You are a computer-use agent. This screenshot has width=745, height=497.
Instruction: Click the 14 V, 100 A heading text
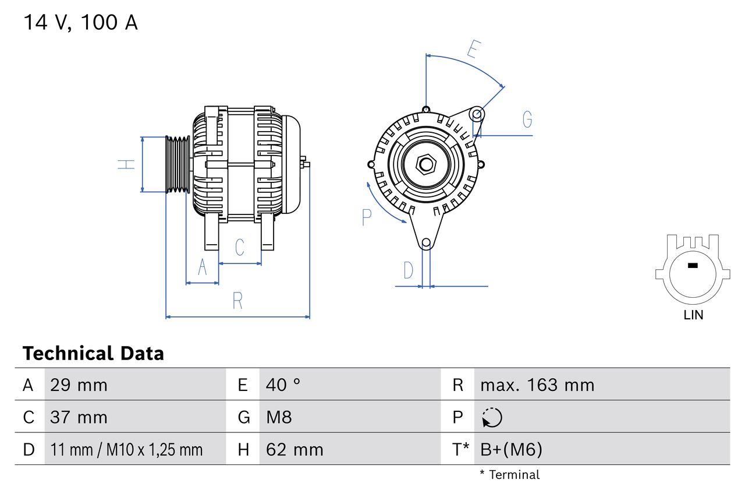[80, 23]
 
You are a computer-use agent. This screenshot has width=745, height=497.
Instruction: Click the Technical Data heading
[93, 353]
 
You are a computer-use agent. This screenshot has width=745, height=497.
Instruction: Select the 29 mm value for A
[79, 385]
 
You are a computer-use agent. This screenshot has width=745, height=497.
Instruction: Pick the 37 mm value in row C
[79, 417]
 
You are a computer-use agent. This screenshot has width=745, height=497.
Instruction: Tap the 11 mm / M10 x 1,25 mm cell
[126, 450]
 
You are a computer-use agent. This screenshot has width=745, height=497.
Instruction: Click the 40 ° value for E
[283, 385]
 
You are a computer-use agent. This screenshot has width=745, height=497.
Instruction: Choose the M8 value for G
[279, 417]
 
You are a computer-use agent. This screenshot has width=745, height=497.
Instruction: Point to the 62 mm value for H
[294, 450]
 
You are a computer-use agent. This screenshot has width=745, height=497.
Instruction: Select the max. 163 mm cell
[537, 385]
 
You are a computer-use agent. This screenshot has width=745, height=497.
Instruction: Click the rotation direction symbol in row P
[492, 418]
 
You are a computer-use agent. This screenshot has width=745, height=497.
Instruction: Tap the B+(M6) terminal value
[511, 450]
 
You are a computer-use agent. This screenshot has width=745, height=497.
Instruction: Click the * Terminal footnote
[509, 475]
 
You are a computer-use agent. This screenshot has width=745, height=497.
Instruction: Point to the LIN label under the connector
[693, 315]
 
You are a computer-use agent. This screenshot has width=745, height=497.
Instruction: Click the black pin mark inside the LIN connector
[692, 266]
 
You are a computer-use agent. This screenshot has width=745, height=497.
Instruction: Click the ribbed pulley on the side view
[178, 164]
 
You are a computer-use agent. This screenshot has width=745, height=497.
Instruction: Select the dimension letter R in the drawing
[237, 301]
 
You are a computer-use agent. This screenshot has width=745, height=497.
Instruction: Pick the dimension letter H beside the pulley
[126, 164]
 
